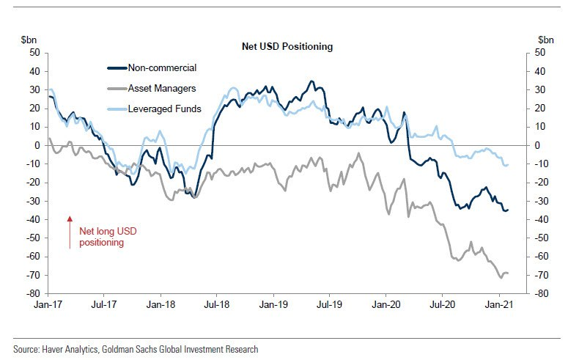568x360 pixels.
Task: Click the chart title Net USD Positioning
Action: [287, 46]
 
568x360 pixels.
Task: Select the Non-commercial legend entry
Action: [161, 67]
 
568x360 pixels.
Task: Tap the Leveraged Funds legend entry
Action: [164, 109]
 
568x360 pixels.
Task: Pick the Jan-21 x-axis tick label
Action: [498, 303]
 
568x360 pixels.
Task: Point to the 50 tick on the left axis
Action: [34, 53]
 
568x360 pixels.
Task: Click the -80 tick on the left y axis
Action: [32, 294]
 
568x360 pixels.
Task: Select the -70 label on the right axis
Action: [543, 276]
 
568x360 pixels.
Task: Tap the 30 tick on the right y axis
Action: [541, 90]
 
